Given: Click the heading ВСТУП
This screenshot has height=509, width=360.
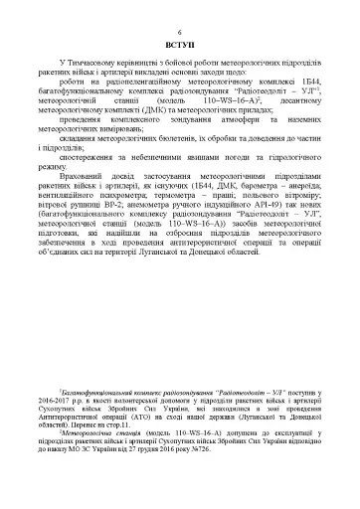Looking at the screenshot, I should (x=180, y=46).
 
